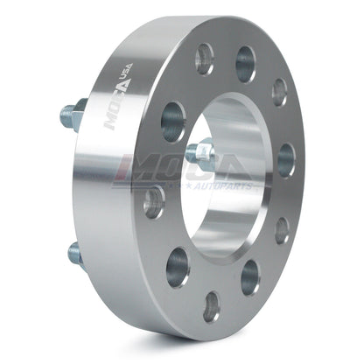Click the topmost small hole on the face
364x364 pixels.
(x=205, y=59)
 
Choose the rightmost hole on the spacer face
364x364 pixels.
(x=286, y=159)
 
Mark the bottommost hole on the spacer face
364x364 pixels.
(x=212, y=306)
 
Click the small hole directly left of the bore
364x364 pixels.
(x=154, y=202)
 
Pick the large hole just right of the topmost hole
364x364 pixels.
(x=246, y=63)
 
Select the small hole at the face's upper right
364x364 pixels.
(x=279, y=92)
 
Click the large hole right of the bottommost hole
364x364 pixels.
(x=250, y=277)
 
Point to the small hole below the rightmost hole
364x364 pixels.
(x=282, y=229)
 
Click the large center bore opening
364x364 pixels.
(x=229, y=175)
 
